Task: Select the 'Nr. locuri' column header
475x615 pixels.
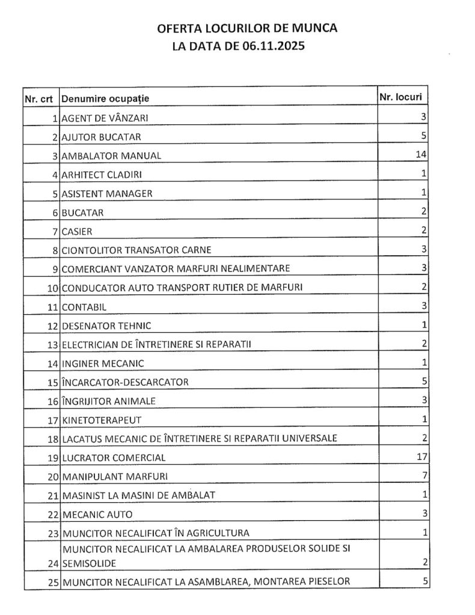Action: pos(402,96)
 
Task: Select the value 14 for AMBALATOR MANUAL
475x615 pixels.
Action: pos(420,154)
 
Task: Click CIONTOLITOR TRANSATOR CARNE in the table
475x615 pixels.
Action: pos(136,249)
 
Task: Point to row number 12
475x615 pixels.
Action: pos(53,326)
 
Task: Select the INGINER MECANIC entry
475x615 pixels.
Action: pos(103,363)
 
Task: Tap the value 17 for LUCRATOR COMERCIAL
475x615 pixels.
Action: pos(420,456)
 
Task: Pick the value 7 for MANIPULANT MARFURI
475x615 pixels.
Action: pos(424,476)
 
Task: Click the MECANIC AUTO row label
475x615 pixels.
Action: pos(97,514)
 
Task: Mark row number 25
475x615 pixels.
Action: pos(53,581)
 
